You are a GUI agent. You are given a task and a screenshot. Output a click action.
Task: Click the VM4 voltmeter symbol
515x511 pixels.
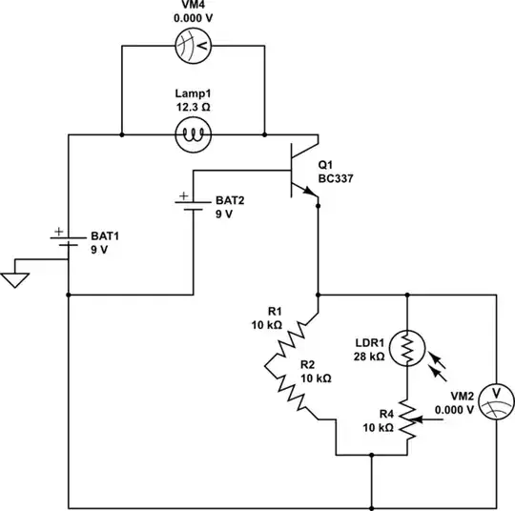[193, 46]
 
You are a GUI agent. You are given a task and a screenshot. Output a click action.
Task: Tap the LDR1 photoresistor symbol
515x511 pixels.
[407, 349]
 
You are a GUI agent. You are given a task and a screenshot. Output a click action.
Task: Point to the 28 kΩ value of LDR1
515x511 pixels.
[369, 357]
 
